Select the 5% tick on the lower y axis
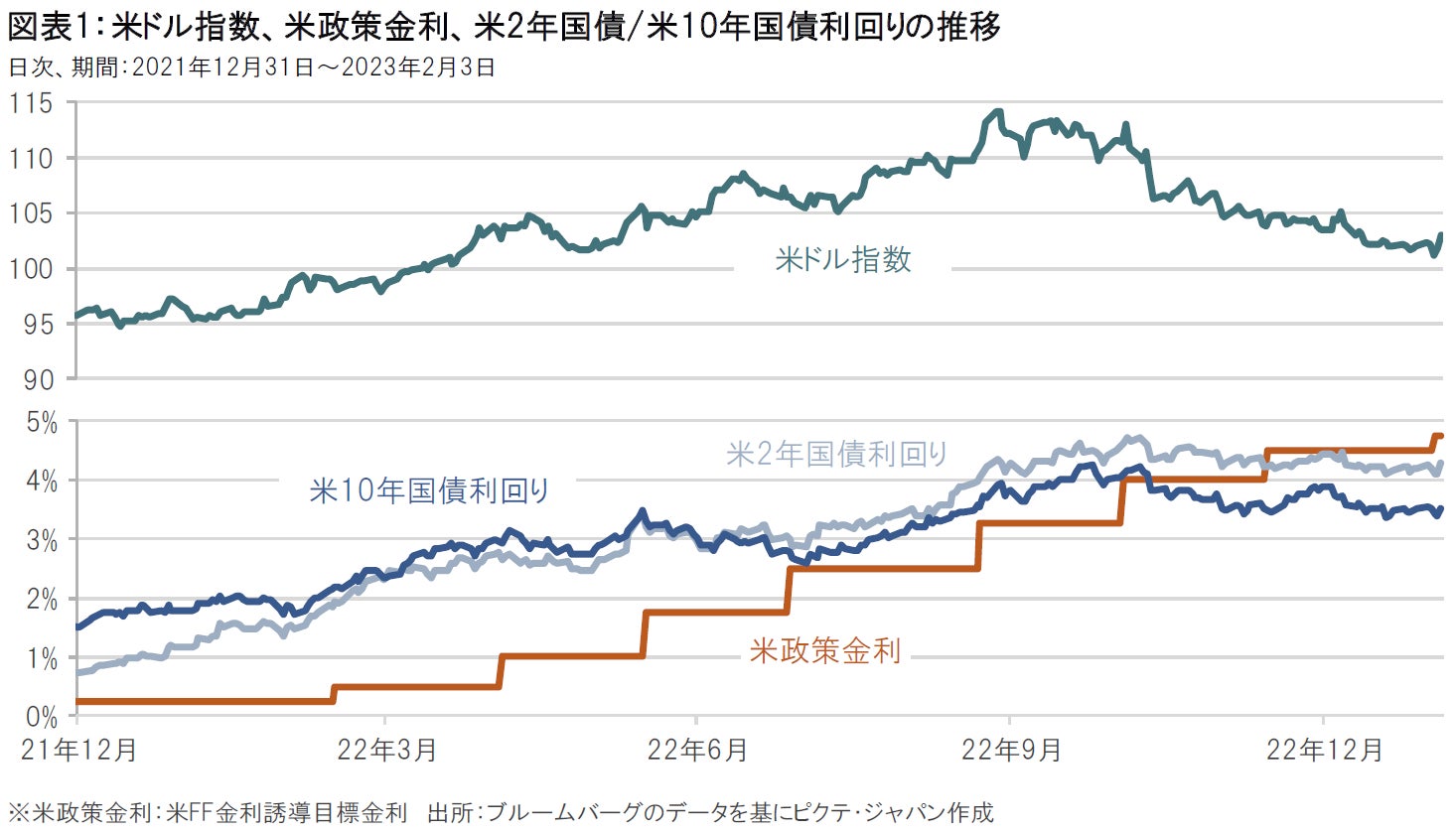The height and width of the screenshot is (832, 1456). (41, 424)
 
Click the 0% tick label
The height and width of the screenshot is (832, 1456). (41, 717)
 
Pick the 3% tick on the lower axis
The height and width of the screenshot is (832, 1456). (41, 541)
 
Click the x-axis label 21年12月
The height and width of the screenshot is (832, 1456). (78, 750)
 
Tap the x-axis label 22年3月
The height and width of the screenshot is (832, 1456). (386, 750)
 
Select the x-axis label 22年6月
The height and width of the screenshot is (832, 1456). (697, 750)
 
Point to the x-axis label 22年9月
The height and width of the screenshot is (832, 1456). (1011, 750)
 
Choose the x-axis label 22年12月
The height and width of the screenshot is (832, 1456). (1324, 750)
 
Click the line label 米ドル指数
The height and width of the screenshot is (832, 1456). (843, 260)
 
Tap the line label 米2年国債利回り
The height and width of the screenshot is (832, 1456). (837, 455)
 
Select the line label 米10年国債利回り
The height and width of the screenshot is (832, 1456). (429, 490)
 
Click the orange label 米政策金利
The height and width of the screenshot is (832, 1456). (825, 651)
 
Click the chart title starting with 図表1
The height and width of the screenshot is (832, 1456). (504, 27)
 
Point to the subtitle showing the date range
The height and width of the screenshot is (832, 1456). (251, 68)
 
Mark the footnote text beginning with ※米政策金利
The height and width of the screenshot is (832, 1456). (208, 813)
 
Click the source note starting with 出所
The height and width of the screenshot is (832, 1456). (710, 813)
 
